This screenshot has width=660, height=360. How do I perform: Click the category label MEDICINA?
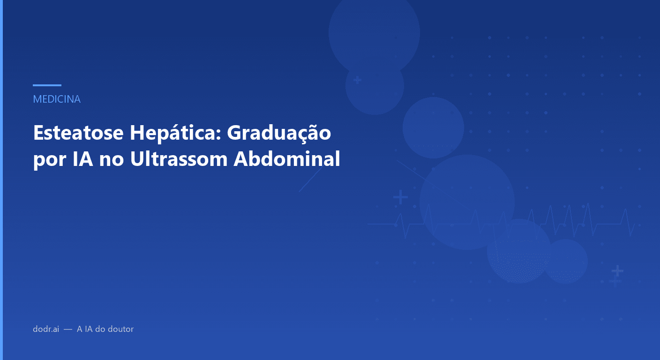57,99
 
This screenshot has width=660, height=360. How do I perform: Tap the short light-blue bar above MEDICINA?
47,85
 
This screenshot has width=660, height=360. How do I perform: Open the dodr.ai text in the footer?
46,329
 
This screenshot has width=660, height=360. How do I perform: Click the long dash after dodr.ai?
68,330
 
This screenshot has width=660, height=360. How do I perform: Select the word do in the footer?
101,329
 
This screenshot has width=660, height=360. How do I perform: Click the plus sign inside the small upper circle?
357,80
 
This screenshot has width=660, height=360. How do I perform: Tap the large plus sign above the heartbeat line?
400,197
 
